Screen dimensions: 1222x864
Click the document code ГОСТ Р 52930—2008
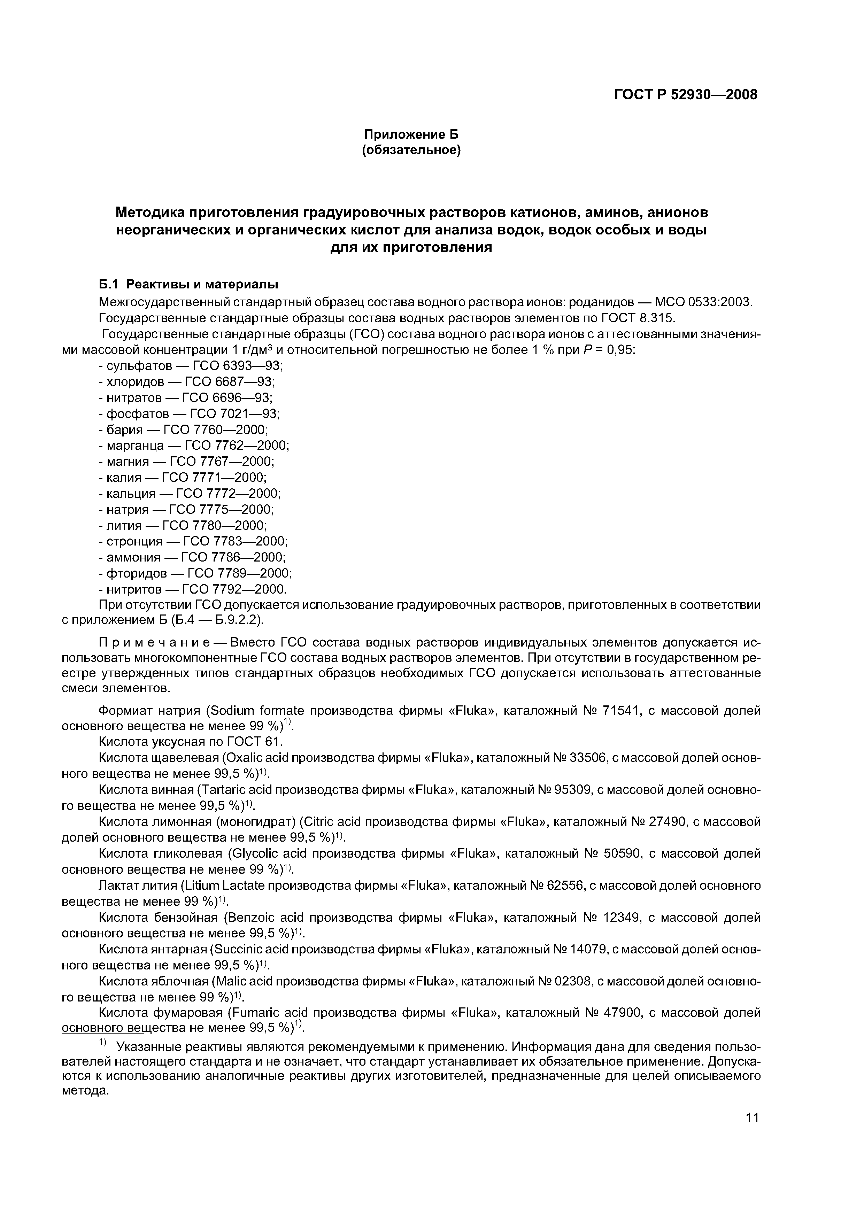click(686, 95)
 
